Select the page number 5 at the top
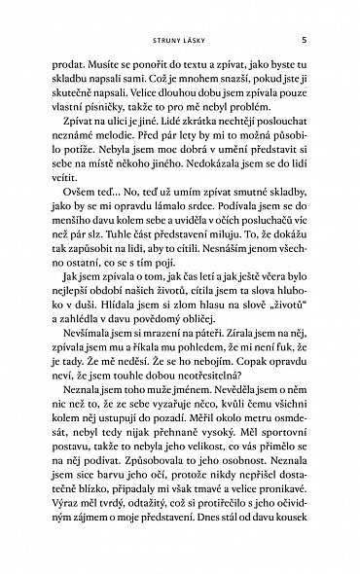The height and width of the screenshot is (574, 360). point(306,41)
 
